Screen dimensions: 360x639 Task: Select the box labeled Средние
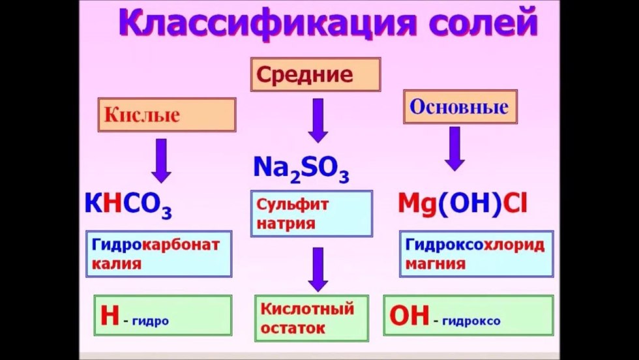point(315,74)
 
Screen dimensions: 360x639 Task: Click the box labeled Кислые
point(166,116)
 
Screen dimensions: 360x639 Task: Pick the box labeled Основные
point(460,106)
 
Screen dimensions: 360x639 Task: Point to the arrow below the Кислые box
point(162,159)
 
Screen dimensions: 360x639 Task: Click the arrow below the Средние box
point(318,120)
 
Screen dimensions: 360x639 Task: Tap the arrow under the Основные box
point(454,148)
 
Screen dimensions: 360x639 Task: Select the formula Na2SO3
point(301,168)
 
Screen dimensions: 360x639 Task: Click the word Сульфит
point(293,204)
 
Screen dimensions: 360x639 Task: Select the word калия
point(117,264)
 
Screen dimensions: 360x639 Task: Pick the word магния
point(435,264)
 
